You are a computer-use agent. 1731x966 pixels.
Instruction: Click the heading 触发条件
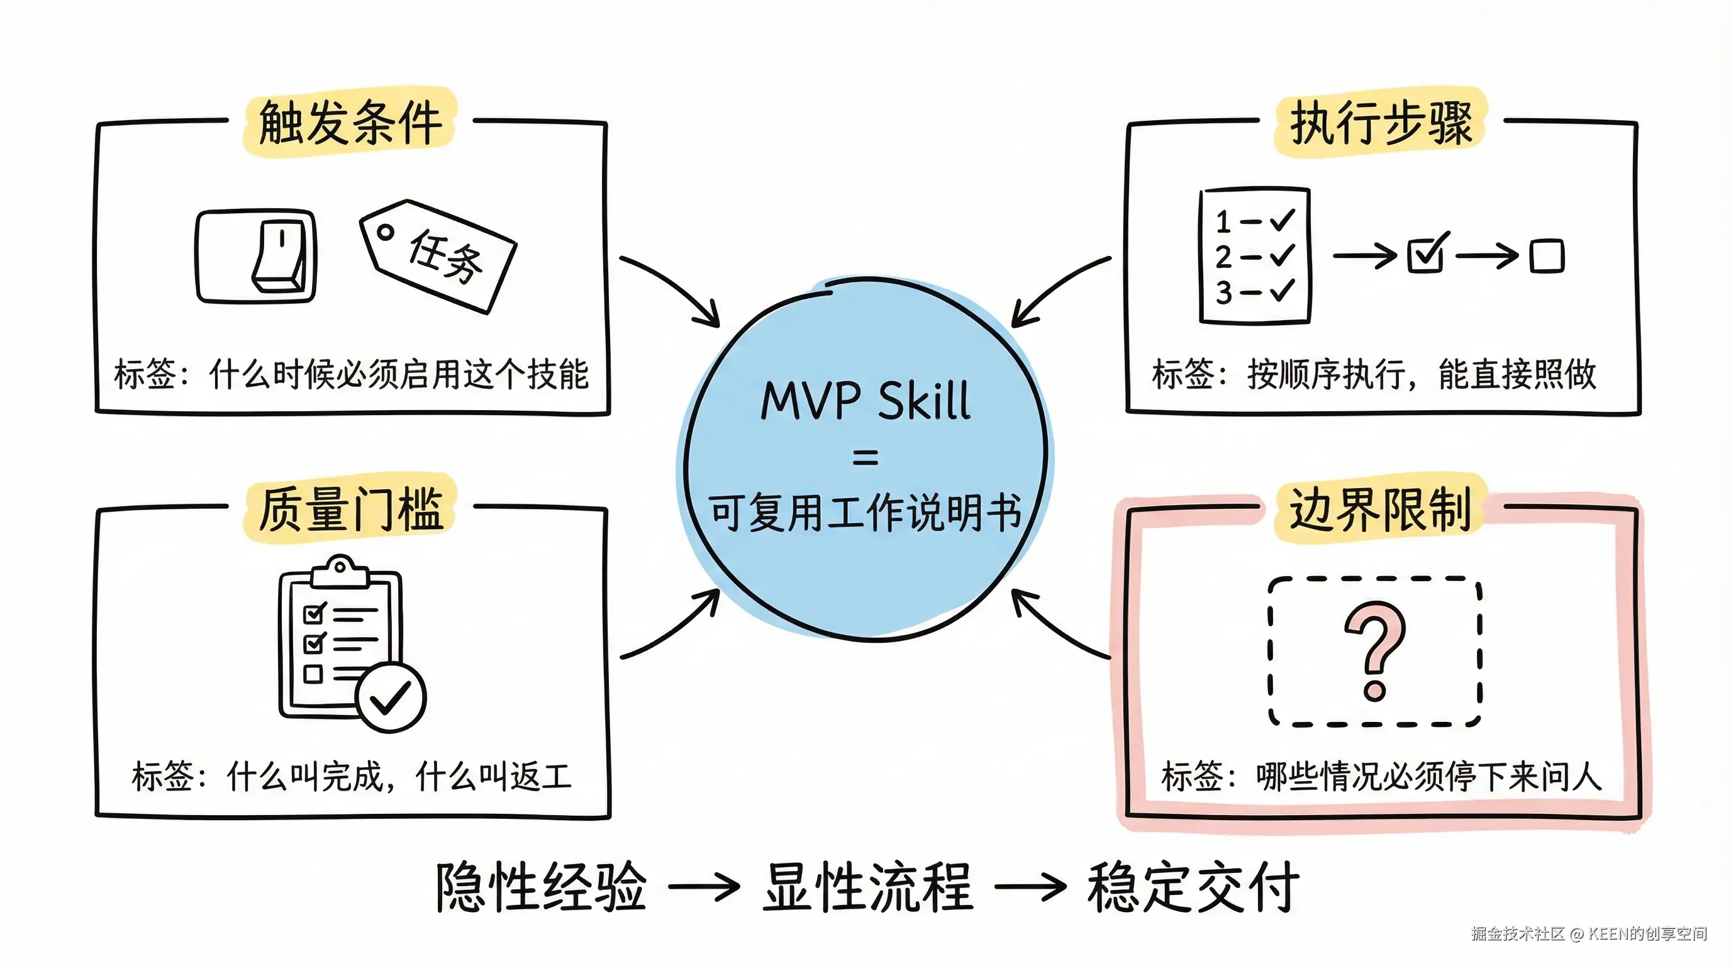pos(350,122)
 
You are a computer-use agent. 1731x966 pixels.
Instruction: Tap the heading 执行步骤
pos(1381,122)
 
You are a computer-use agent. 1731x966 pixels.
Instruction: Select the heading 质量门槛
pos(350,509)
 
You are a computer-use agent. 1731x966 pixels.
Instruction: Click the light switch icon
pos(256,256)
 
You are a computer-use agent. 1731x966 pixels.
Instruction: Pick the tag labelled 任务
pos(438,256)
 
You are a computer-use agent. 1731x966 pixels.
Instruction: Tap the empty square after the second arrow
pos(1547,256)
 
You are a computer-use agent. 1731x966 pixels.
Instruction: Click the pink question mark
pos(1374,649)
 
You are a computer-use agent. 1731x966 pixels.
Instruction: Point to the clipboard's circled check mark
pos(391,697)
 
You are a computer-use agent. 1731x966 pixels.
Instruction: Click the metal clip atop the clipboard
pos(341,571)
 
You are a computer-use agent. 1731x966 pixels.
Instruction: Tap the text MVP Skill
pos(865,402)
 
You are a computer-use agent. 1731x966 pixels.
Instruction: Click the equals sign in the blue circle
pos(865,458)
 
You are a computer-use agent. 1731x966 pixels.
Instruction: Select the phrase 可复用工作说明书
pos(865,513)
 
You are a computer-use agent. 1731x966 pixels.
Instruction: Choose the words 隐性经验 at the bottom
pos(542,887)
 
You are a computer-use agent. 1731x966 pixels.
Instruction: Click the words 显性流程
pos(867,887)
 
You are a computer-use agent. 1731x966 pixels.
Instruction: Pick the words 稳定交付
pos(1193,887)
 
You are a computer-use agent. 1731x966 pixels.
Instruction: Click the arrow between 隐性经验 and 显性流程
pos(704,887)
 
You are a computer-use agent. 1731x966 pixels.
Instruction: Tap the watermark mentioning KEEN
pos(1589,933)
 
